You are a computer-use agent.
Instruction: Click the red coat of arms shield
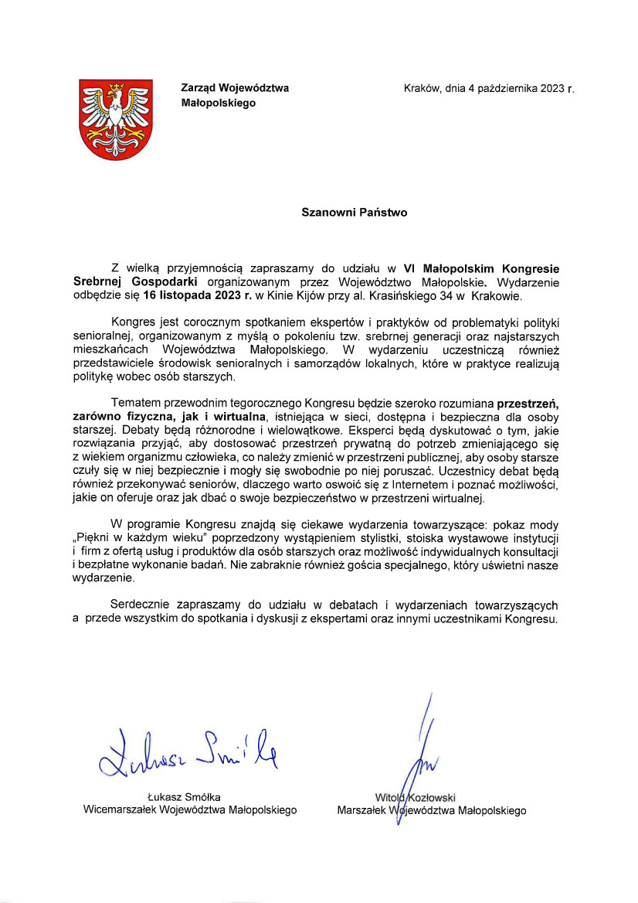(117, 119)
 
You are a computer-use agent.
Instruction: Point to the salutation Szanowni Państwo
(354, 212)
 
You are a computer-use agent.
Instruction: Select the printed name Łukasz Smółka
(189, 796)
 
